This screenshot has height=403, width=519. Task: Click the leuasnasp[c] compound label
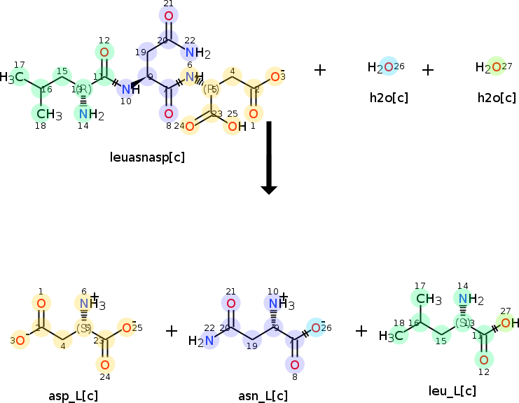pos(148,157)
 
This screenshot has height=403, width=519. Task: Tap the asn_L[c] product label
pos(263,396)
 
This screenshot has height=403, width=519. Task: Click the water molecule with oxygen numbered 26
pos(386,67)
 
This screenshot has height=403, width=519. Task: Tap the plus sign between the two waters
pos(428,69)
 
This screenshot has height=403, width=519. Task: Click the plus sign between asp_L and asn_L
pos(172,330)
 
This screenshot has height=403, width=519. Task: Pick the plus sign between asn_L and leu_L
pos(361,330)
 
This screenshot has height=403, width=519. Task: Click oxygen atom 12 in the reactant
pos(104,52)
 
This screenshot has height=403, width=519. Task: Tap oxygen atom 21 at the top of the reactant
pos(168,15)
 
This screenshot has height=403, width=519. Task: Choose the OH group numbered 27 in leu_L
pos(508,323)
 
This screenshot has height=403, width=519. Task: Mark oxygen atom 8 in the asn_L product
pos(295,364)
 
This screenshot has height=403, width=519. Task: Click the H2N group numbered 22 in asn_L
pos(201,341)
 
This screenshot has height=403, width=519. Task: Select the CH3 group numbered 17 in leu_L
pos(429,299)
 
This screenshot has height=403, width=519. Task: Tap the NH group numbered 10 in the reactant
pos(126,89)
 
